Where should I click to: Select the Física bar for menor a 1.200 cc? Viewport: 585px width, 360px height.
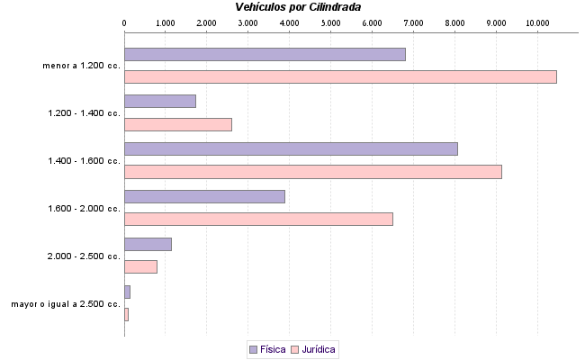(265, 54)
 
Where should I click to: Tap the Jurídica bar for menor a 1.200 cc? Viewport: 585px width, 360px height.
(340, 76)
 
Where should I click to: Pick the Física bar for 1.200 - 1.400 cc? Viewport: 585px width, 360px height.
(159, 101)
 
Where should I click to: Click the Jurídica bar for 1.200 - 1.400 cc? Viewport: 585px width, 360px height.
(177, 124)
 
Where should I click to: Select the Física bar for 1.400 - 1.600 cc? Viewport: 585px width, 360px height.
(291, 148)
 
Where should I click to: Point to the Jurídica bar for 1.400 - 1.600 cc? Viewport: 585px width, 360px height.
(312, 172)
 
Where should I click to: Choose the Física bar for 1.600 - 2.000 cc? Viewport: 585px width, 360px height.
(204, 196)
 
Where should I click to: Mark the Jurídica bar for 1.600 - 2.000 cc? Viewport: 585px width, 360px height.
(258, 219)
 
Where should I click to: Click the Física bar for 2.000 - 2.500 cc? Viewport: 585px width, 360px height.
(148, 244)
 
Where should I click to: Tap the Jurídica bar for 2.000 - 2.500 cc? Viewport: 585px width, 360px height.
(140, 266)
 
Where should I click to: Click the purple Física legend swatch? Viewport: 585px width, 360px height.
(253, 348)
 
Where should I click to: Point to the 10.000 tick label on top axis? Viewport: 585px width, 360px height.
(537, 22)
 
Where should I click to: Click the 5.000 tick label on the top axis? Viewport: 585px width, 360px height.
(330, 22)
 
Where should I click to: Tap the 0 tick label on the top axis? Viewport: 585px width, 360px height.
(124, 22)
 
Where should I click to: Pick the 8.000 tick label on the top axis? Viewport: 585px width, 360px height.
(454, 22)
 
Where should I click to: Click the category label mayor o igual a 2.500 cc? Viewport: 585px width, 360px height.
(66, 304)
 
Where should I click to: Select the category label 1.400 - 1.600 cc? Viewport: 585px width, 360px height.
(84, 161)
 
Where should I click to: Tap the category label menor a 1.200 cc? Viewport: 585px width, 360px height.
(81, 66)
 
